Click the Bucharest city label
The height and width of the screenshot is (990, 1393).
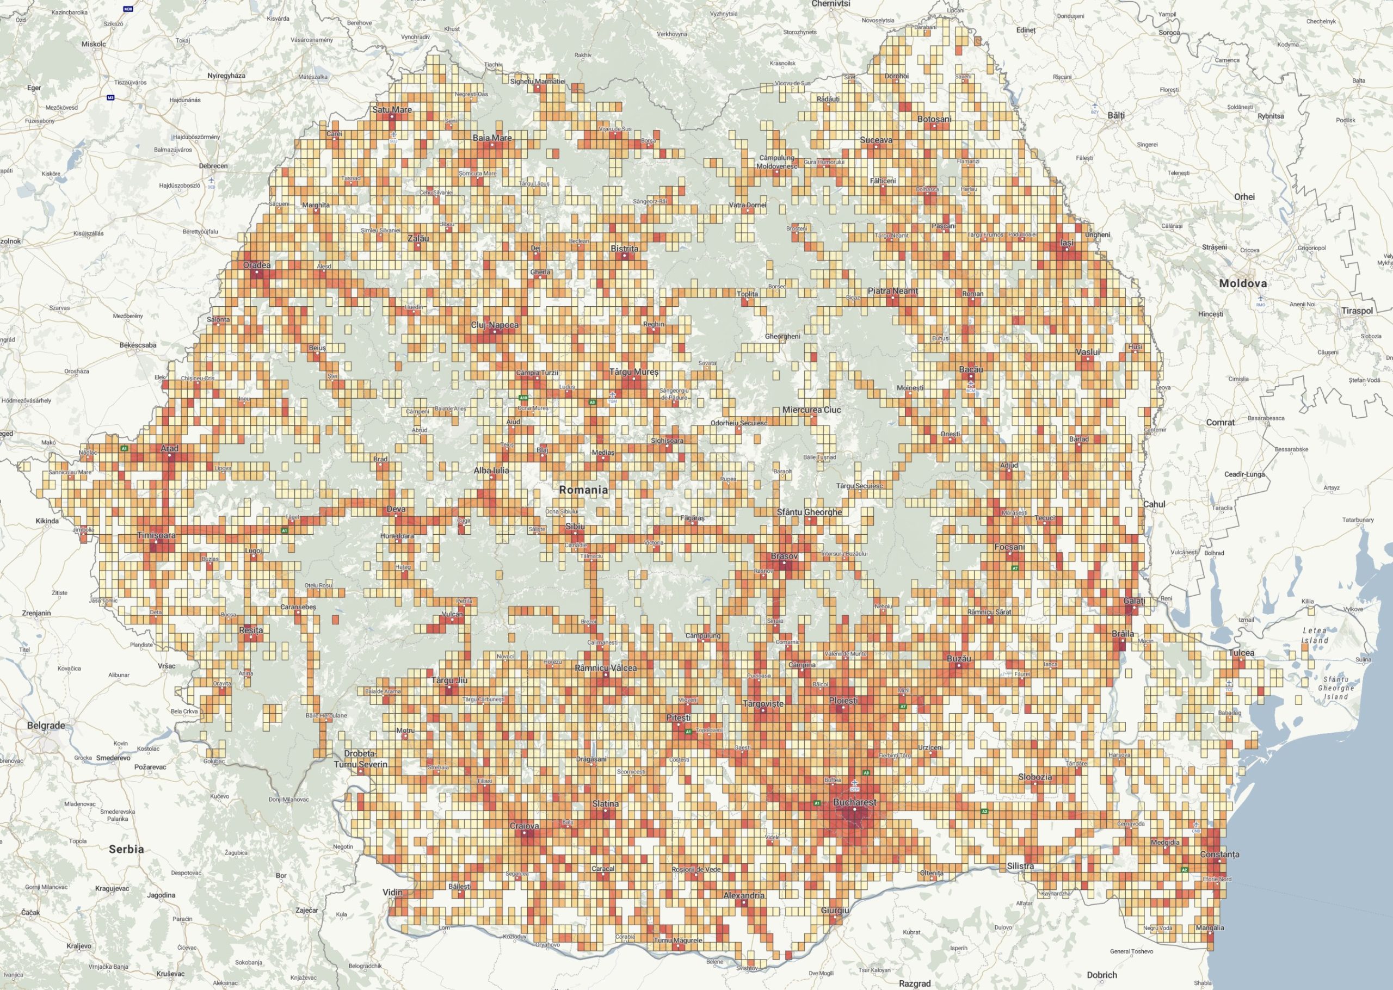pyautogui.click(x=854, y=802)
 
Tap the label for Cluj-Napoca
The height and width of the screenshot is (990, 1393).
pyautogui.click(x=495, y=325)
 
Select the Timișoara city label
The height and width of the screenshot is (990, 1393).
pyautogui.click(x=156, y=535)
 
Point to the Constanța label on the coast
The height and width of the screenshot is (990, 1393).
pyautogui.click(x=1219, y=854)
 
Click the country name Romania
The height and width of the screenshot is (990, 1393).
pyautogui.click(x=583, y=490)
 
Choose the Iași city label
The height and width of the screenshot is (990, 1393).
pyautogui.click(x=1067, y=243)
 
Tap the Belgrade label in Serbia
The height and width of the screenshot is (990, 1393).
pyautogui.click(x=46, y=726)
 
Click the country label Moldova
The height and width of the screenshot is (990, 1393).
pyautogui.click(x=1242, y=283)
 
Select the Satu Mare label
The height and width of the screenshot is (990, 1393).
pyautogui.click(x=392, y=110)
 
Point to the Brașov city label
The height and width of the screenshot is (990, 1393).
pyautogui.click(x=784, y=556)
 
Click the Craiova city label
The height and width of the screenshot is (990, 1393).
pyautogui.click(x=525, y=826)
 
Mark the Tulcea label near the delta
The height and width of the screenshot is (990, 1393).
pyautogui.click(x=1241, y=653)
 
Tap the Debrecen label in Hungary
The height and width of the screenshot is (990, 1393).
pyautogui.click(x=213, y=166)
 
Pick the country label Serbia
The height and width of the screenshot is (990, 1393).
pyautogui.click(x=126, y=849)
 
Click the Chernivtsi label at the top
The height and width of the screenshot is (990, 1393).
pyautogui.click(x=830, y=4)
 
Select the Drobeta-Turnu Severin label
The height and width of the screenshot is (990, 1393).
pyautogui.click(x=360, y=758)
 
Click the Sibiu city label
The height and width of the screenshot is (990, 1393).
pyautogui.click(x=574, y=525)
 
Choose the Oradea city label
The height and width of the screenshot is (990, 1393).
pyautogui.click(x=257, y=265)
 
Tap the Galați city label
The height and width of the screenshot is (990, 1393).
pyautogui.click(x=1134, y=601)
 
